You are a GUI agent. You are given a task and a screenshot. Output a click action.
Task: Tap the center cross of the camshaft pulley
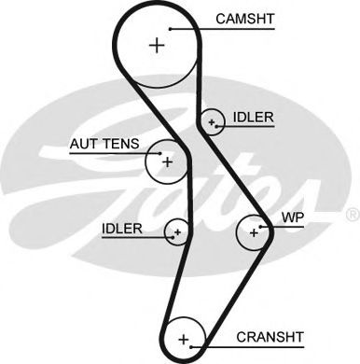tap(156, 45)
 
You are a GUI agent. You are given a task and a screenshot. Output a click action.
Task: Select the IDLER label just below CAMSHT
tap(254, 117)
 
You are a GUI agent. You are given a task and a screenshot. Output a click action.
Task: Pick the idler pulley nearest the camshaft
tap(213, 121)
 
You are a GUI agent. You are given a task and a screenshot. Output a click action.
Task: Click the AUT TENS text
tap(104, 144)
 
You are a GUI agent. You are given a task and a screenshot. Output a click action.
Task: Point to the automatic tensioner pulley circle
tap(166, 161)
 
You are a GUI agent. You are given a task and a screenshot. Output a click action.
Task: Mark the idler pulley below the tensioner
tap(175, 231)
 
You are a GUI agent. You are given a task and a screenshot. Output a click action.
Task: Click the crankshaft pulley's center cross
tap(184, 338)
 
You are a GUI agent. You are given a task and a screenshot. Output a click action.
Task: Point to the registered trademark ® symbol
tap(352, 215)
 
